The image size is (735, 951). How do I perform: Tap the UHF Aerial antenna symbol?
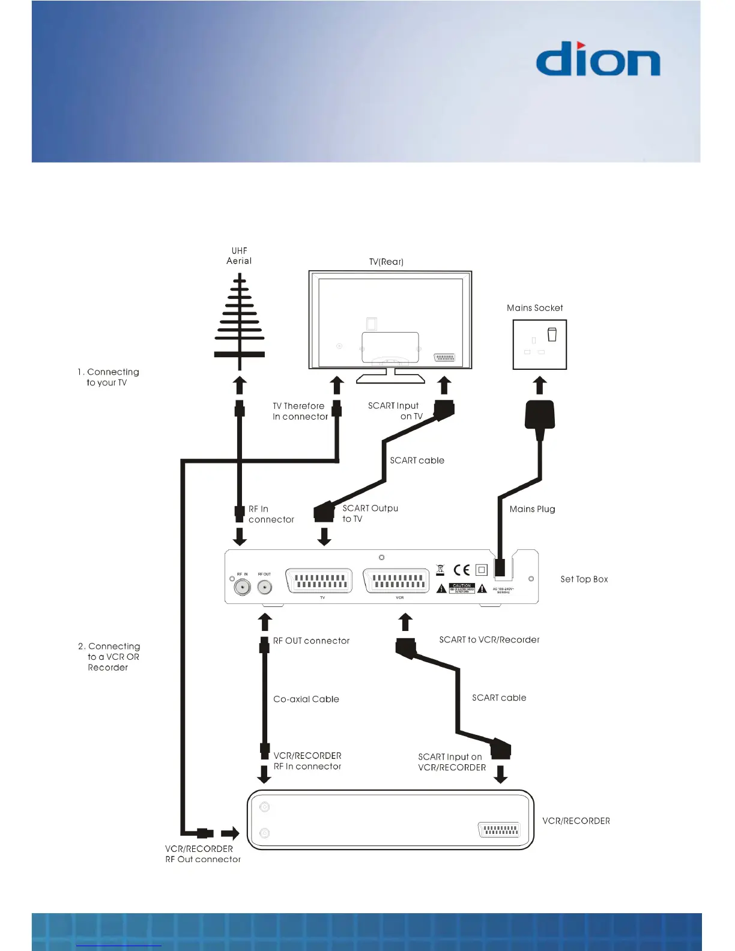240,321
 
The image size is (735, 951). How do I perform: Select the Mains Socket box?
539,344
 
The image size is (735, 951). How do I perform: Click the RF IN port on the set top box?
243,587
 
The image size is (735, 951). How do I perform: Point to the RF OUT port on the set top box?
264,587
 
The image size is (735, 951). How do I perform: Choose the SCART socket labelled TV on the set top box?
319,581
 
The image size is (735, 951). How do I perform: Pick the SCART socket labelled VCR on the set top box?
397,581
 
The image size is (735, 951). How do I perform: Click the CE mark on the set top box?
462,570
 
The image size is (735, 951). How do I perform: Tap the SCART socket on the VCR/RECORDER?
499,830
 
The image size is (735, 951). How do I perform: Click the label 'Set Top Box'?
584,579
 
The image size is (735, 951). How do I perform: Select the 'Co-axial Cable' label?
306,699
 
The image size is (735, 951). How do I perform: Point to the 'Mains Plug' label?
532,509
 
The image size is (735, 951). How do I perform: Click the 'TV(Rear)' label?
386,262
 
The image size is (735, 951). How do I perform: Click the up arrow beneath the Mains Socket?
540,385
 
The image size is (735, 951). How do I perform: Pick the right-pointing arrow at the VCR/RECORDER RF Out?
230,833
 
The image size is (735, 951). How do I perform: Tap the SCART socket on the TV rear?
444,357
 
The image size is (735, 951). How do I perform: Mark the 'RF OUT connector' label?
311,641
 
